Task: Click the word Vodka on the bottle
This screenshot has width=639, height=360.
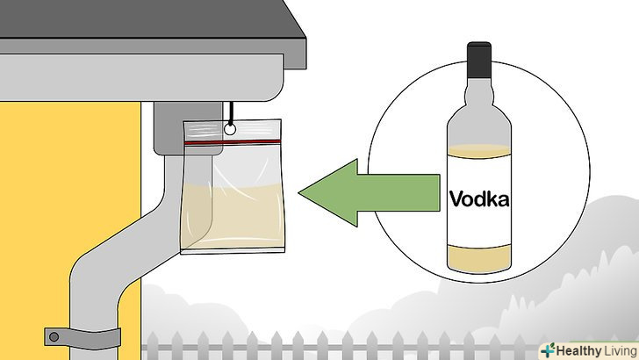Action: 479,199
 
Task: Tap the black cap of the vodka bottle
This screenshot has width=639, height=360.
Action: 478,60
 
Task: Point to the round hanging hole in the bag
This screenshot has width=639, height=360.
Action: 231,129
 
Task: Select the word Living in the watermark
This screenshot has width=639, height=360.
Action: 618,349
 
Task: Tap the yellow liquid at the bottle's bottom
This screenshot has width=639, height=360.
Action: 479,257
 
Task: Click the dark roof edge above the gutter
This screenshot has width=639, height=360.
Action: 176,22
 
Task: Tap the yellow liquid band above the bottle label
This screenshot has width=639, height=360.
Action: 479,152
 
